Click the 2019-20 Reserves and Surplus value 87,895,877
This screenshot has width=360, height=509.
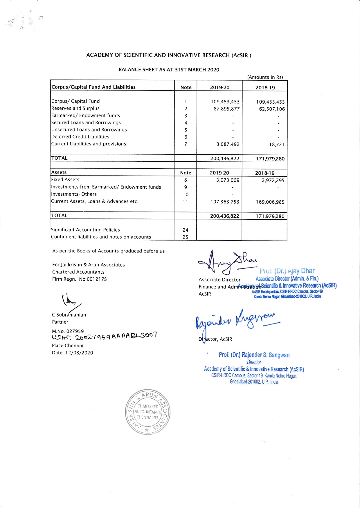pos(226,109)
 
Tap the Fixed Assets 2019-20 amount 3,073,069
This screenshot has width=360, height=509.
pos(228,180)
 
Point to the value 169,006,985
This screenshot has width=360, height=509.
pos(270,202)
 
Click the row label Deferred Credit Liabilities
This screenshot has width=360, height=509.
pos(80,137)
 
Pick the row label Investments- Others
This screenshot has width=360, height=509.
pos(74,194)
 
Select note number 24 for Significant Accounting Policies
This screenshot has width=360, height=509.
pos(186,230)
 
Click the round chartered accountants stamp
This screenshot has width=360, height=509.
pos(147,412)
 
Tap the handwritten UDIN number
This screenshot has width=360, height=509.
pos(105,337)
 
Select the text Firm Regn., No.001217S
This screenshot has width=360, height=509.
pos(80,279)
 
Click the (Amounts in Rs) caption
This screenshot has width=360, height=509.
pos(265,77)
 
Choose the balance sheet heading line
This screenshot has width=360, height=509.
pos(169,70)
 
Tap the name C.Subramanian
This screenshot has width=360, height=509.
pos(69,315)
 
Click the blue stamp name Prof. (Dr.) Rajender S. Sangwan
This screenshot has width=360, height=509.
pos(254,355)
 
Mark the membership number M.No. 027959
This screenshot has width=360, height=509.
pos(68,331)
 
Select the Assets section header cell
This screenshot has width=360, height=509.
pos(59,172)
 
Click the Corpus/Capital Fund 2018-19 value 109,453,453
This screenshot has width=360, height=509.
pos(270,102)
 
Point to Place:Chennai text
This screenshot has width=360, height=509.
pos(68,346)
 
